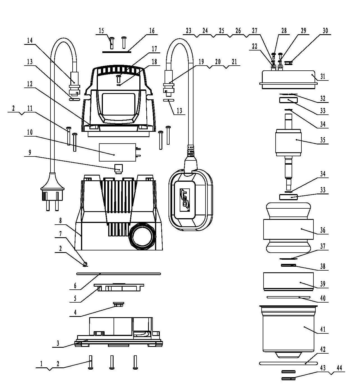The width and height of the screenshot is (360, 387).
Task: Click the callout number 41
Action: pos(323,329)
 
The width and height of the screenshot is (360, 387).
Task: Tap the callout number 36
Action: pos(323,231)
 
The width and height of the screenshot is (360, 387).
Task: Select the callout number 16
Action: pos(152,31)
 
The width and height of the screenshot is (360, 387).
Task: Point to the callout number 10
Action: pos(30,132)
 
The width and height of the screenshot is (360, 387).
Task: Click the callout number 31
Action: pos(323,76)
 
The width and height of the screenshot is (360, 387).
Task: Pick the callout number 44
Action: pos(339,368)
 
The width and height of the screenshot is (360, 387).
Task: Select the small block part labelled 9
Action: pos(119,168)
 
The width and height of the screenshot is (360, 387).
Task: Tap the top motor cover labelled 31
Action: pos(288,79)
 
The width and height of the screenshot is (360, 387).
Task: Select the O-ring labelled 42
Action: pos(288,363)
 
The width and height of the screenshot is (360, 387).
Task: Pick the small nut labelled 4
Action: pos(119,304)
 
